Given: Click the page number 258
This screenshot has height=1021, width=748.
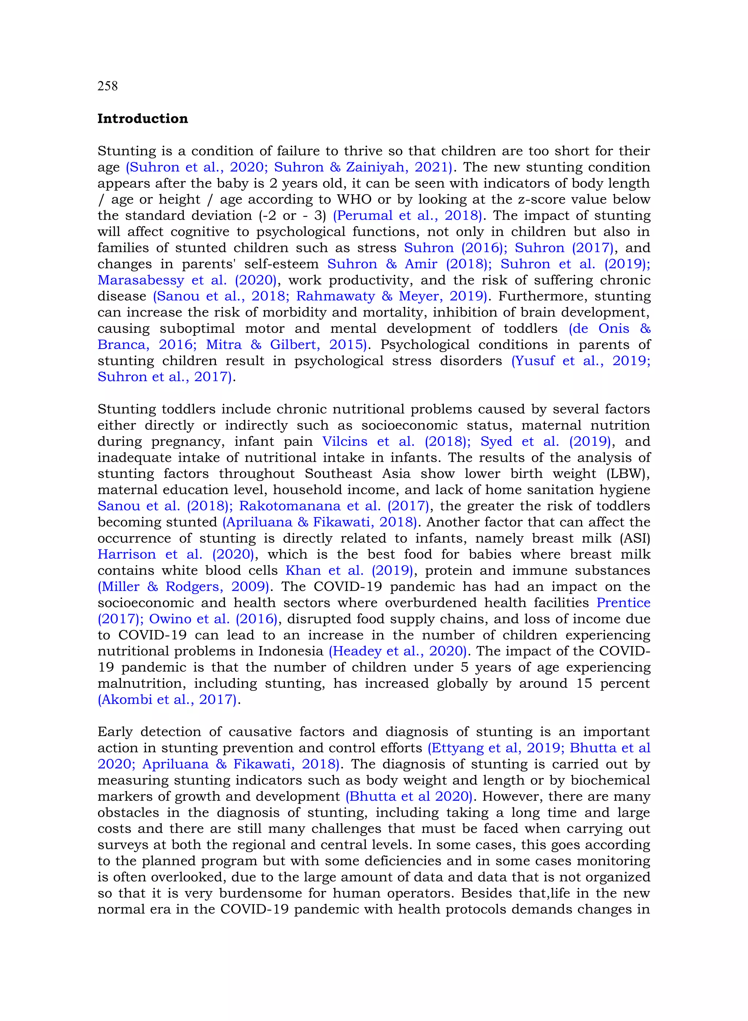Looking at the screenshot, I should (x=107, y=86).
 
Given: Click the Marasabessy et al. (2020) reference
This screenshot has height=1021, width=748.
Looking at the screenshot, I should (x=187, y=280).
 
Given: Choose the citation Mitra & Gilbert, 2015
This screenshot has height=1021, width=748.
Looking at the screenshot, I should (x=285, y=345).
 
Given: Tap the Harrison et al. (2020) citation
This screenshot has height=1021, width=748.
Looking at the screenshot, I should (x=176, y=554).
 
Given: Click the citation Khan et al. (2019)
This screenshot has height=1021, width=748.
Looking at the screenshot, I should (x=349, y=571).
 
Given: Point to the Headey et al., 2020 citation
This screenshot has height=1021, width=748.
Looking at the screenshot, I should (x=397, y=652).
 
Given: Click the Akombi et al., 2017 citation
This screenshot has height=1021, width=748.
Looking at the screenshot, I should (x=168, y=700).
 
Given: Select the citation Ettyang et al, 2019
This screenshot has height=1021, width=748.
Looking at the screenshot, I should (x=495, y=748).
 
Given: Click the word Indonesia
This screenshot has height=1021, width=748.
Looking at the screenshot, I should (x=291, y=652).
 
